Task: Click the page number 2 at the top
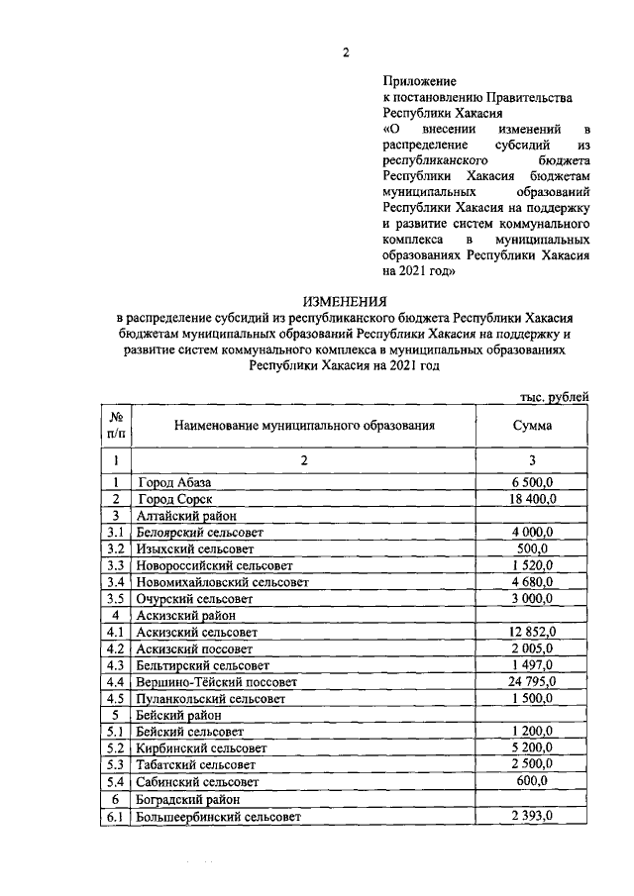coord(346,52)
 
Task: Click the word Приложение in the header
coord(419,80)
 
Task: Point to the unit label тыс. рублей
coord(555,396)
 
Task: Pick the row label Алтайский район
coord(186,516)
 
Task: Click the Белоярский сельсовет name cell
coord(197,532)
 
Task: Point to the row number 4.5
coord(116,698)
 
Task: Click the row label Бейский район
coord(179,715)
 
